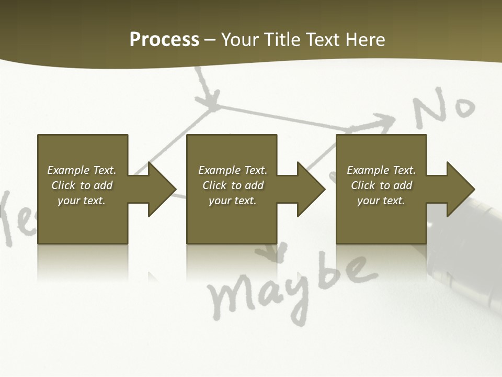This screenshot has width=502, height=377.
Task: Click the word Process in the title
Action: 164,40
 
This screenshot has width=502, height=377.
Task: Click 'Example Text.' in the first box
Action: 82,170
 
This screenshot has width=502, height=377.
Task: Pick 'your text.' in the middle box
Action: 232,201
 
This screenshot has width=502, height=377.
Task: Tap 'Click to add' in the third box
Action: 381,185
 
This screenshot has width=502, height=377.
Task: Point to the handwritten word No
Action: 444,110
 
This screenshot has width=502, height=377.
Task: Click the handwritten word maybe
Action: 293,288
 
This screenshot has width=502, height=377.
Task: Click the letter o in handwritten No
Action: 462,107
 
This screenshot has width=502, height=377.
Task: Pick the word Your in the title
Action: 242,40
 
